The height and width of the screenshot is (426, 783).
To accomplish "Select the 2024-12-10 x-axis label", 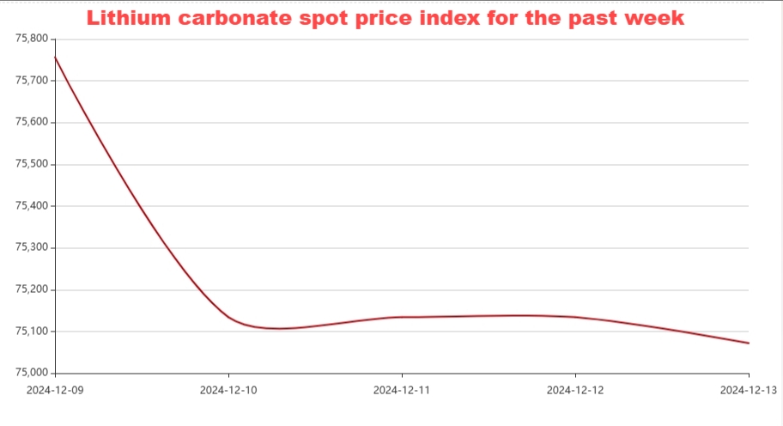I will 228,390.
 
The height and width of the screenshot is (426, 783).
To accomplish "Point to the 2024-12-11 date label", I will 402,390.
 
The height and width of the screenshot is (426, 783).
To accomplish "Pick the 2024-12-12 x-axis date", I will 575,390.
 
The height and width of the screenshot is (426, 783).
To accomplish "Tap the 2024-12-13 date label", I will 749,390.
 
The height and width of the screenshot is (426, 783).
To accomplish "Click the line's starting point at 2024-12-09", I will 55,58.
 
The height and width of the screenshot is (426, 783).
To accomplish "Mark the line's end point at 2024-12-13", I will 749,344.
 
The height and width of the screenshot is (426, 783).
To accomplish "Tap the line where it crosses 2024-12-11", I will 402,317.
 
